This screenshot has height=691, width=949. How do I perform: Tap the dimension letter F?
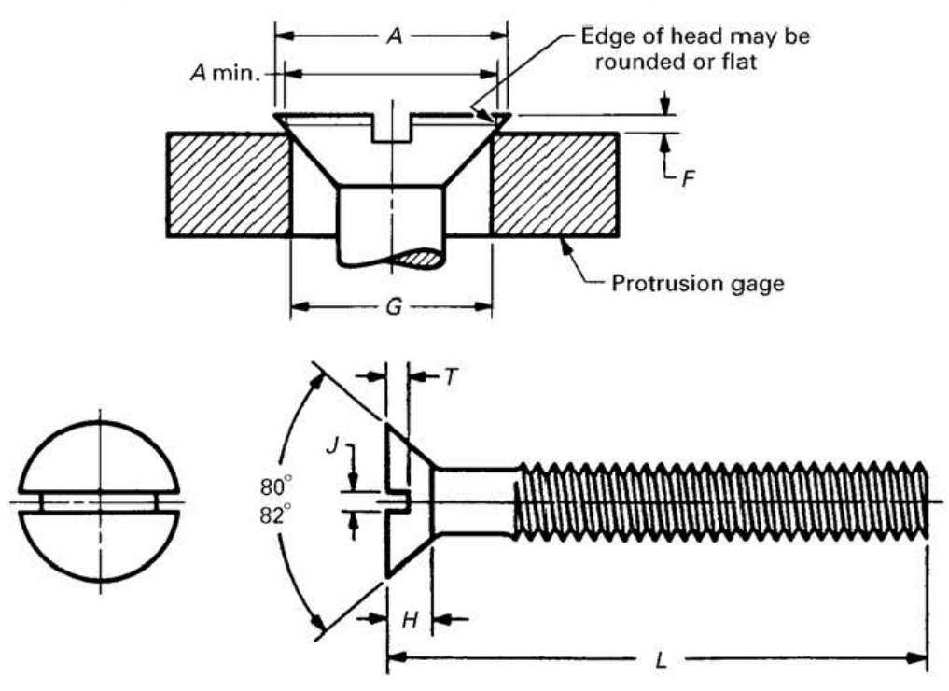pos(688,178)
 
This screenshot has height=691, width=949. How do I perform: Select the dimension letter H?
pos(408,619)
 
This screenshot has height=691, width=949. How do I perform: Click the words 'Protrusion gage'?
pos(697,282)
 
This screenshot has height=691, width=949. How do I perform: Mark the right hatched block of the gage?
pos(554,184)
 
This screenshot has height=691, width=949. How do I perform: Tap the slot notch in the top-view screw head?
pos(393,129)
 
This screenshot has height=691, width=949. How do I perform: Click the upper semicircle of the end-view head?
pos(99,458)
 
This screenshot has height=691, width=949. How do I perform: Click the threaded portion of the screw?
pos(719,501)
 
